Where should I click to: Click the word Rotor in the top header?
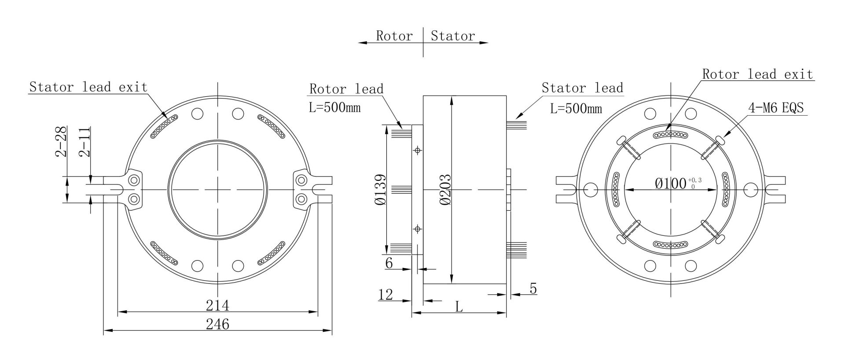click(x=394, y=36)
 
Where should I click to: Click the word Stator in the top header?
click(x=453, y=36)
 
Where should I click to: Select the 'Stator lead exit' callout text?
click(x=88, y=87)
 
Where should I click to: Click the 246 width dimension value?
click(x=218, y=324)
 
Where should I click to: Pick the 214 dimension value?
click(x=218, y=305)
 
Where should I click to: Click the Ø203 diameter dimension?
click(x=445, y=189)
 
